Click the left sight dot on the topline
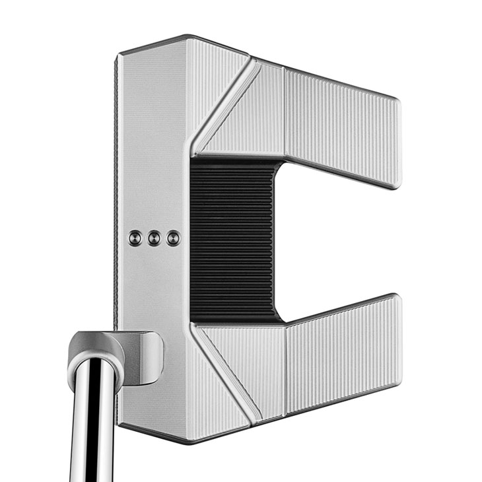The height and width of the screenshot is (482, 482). (135, 236)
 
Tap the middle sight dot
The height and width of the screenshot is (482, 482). (154, 237)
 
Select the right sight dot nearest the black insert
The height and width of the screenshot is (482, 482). (173, 238)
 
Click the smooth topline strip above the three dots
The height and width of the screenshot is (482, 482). (152, 145)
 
